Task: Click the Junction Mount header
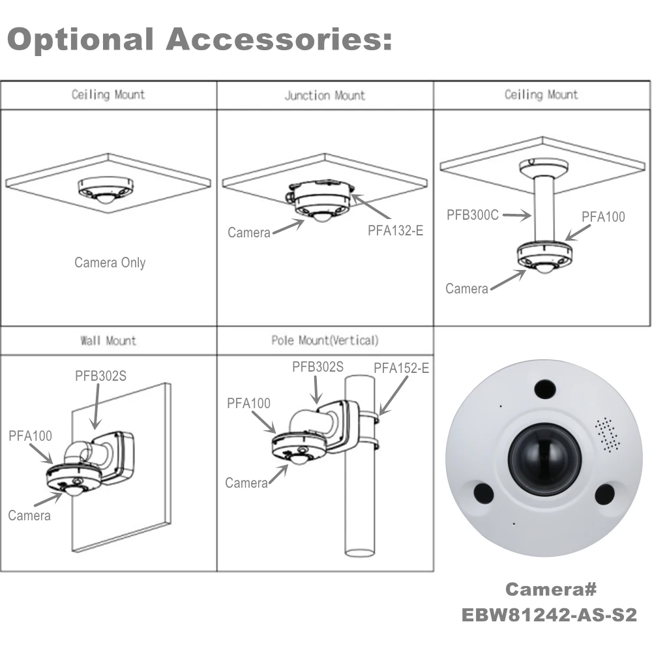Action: (325, 96)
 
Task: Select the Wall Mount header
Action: (108, 340)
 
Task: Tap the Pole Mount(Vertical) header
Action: (325, 340)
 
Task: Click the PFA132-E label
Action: (396, 230)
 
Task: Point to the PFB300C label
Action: (473, 214)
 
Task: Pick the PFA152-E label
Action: (401, 368)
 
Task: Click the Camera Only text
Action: (110, 263)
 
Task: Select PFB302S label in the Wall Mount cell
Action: (100, 376)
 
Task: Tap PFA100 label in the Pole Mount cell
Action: (248, 404)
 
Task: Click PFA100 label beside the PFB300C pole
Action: (603, 216)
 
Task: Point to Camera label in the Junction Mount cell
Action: (249, 232)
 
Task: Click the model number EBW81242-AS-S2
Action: (549, 615)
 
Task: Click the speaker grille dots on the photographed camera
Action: (608, 435)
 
